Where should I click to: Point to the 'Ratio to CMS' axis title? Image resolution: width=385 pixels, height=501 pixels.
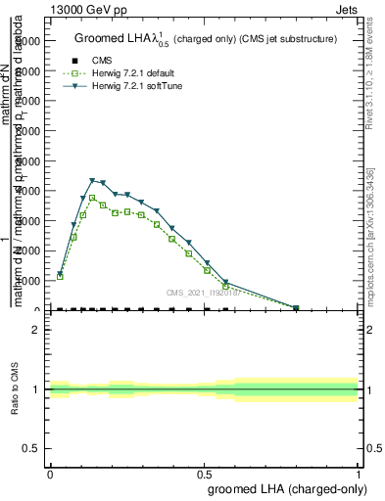pyautogui.click(x=16, y=388)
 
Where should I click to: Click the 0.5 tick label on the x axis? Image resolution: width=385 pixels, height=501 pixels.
pyautogui.click(x=204, y=473)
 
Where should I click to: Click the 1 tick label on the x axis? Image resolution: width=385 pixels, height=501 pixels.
pyautogui.click(x=359, y=473)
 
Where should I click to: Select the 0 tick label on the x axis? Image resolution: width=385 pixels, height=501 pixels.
pyautogui.click(x=50, y=473)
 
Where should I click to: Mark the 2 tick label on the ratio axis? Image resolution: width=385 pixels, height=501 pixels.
pyautogui.click(x=36, y=330)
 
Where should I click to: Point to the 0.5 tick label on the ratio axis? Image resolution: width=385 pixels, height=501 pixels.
pyautogui.click(x=32, y=449)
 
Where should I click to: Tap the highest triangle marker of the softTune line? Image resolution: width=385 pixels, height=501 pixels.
pyautogui.click(x=92, y=181)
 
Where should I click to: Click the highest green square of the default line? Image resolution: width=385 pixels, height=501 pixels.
pyautogui.click(x=92, y=198)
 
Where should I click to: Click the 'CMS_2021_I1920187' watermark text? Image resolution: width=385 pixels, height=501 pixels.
pyautogui.click(x=211, y=293)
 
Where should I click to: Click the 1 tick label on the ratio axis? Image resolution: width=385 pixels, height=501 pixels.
pyautogui.click(x=36, y=389)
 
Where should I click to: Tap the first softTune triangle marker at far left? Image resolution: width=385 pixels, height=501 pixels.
pyautogui.click(x=60, y=274)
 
